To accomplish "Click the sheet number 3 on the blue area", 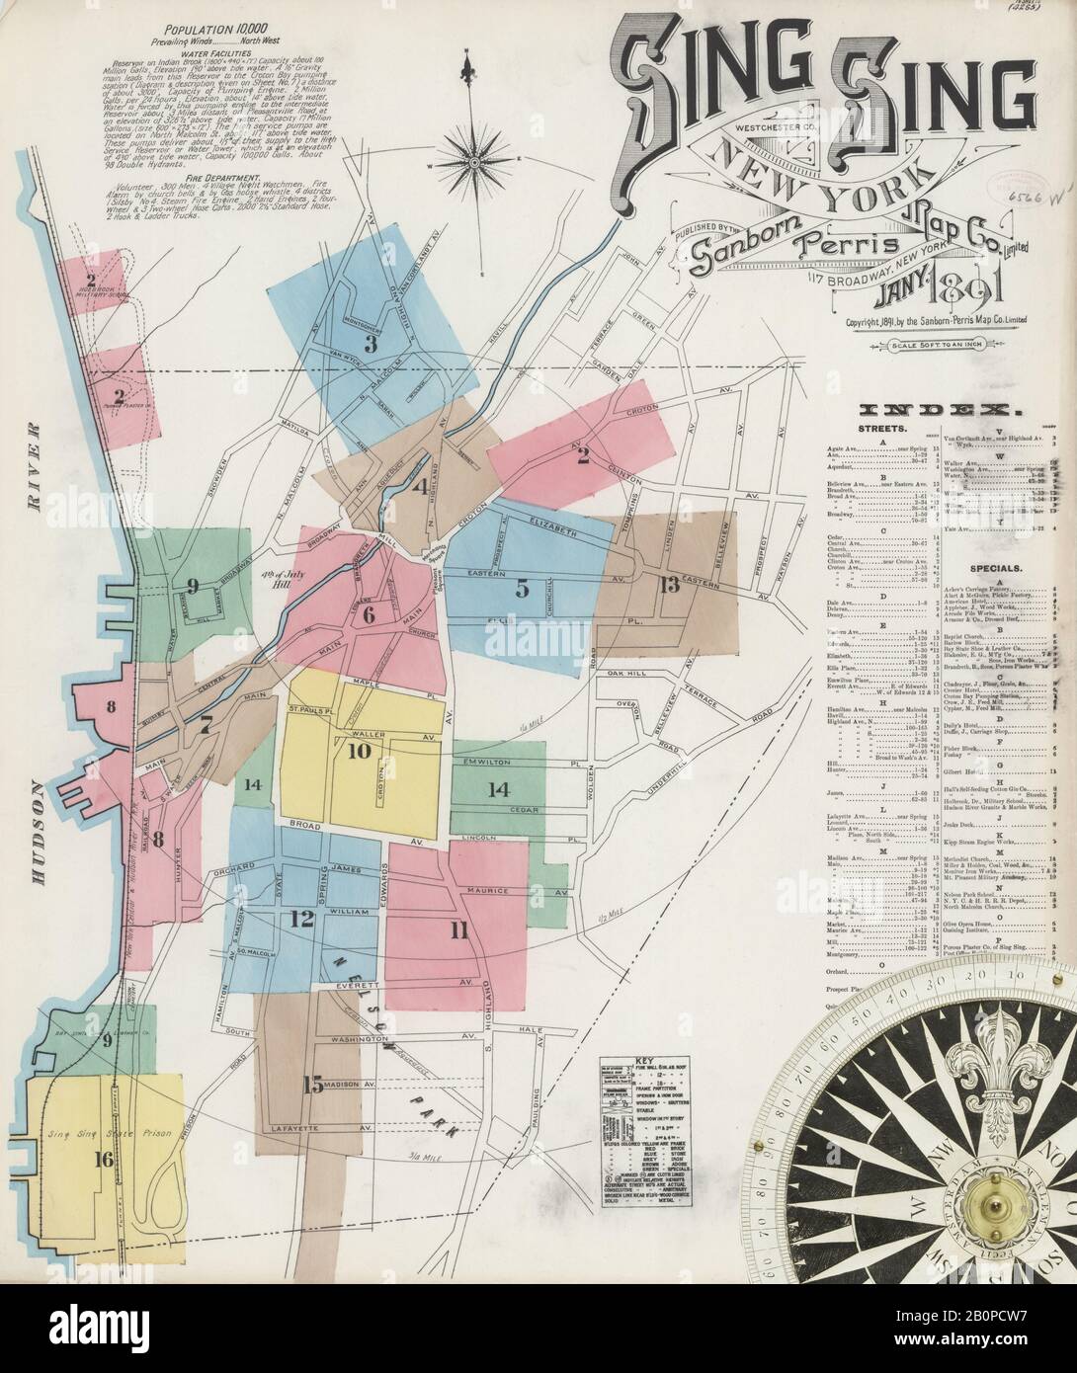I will (x=372, y=345).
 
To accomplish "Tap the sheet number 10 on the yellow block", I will (x=358, y=751).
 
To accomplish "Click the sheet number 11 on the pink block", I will (x=457, y=929).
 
